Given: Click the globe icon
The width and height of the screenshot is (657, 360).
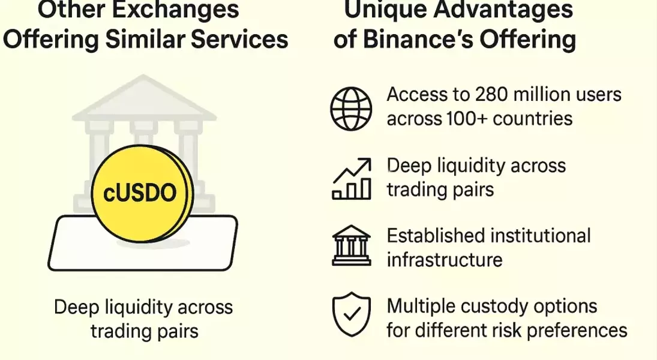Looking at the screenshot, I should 352,108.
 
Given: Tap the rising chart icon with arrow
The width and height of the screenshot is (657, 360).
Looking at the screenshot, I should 352,178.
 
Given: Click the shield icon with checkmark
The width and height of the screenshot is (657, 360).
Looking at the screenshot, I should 352,314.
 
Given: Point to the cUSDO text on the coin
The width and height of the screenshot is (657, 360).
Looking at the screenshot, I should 140,193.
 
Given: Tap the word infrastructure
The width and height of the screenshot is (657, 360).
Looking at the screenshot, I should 444,259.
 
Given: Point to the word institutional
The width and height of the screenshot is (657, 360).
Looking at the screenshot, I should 542,235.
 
